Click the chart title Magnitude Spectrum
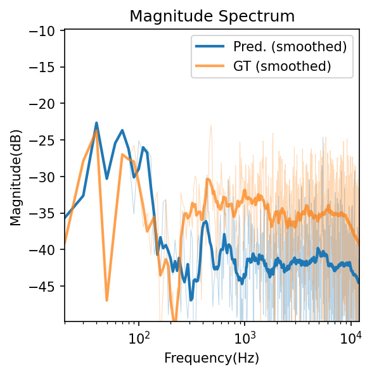[212, 16]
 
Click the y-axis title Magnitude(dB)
[15, 176]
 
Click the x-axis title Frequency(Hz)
[212, 358]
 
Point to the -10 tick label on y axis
[46, 30]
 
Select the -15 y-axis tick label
[46, 67]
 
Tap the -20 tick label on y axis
[46, 104]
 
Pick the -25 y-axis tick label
[46, 140]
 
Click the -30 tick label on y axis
[46, 177]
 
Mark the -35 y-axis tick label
[46, 213]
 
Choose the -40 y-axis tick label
[46, 250]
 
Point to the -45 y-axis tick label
[46, 286]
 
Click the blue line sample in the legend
[210, 46]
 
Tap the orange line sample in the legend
[210, 66]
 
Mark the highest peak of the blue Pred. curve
[96, 123]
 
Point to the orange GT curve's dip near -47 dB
[107, 299]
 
